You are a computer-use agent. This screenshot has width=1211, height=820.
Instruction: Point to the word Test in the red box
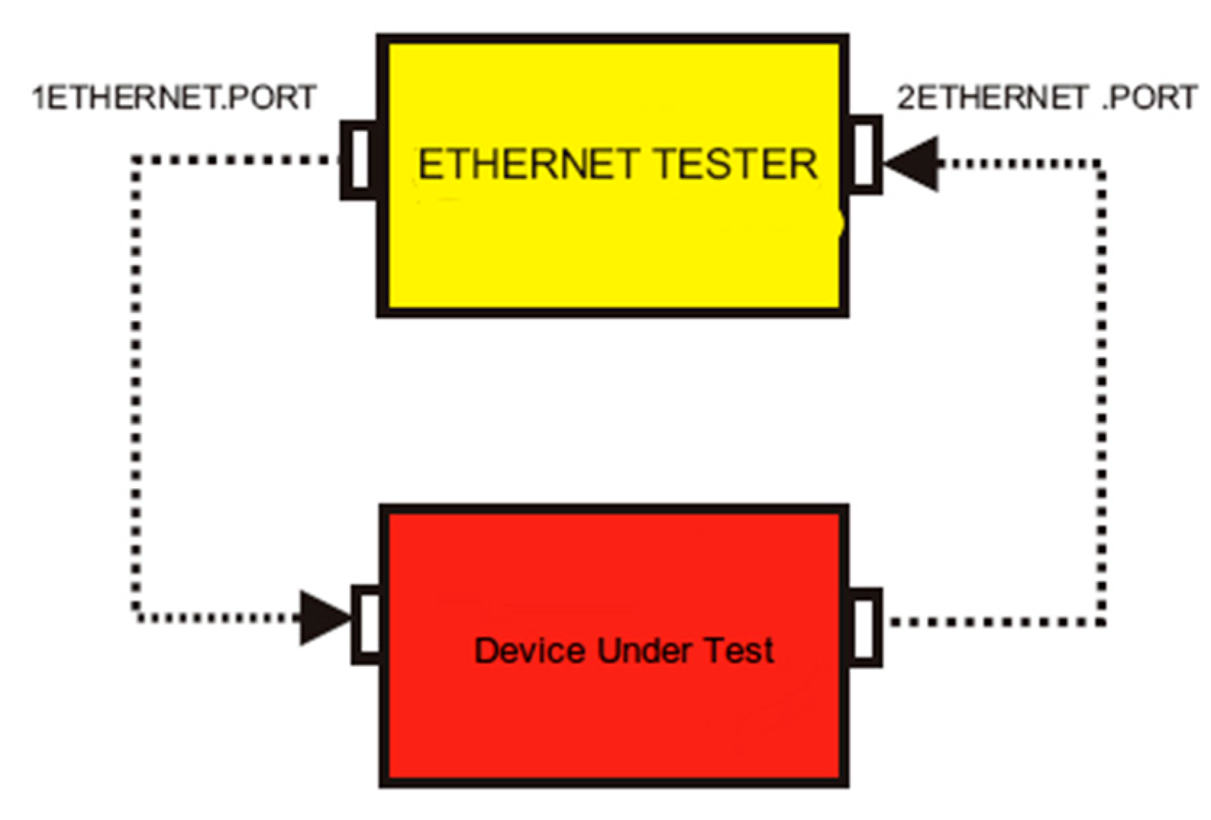[x=739, y=650]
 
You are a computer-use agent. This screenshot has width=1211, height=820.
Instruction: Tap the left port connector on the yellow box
[x=359, y=159]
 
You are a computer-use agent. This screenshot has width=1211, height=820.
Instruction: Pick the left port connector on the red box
[x=366, y=624]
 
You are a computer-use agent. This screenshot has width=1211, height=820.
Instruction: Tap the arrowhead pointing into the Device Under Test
[x=324, y=618]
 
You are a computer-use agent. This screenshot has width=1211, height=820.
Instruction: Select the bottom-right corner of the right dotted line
[x=1100, y=622]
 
